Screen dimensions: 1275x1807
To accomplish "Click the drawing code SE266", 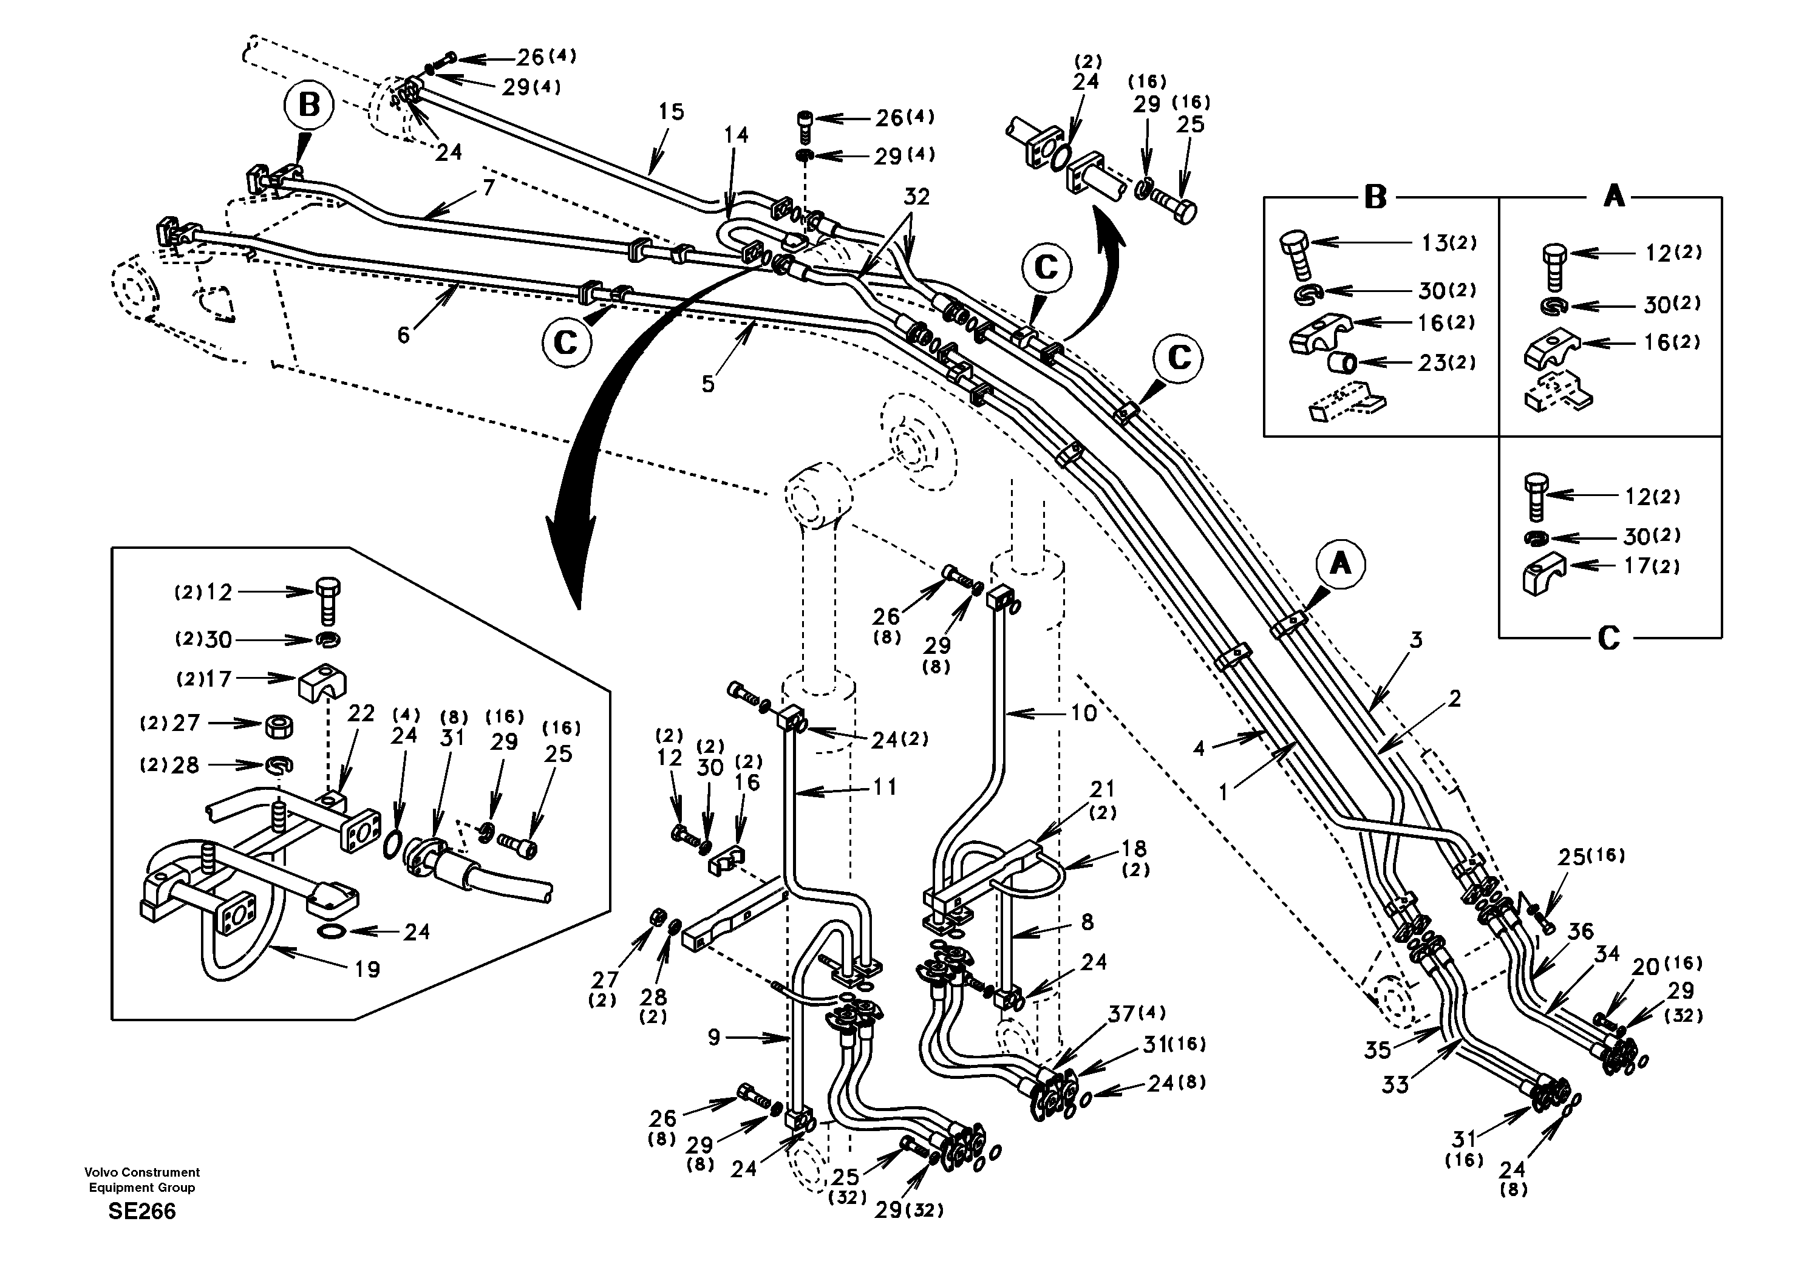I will (141, 1211).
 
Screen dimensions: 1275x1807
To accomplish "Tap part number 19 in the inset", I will (367, 969).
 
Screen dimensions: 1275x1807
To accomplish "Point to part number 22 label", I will (361, 714).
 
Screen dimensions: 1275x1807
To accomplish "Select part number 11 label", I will (885, 786).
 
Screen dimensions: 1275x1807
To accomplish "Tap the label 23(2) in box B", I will (1446, 363).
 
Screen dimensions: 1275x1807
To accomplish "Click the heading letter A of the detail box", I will (1613, 196).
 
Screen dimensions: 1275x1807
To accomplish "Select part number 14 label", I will (736, 135).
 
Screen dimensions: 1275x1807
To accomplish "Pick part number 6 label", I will (403, 336).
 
